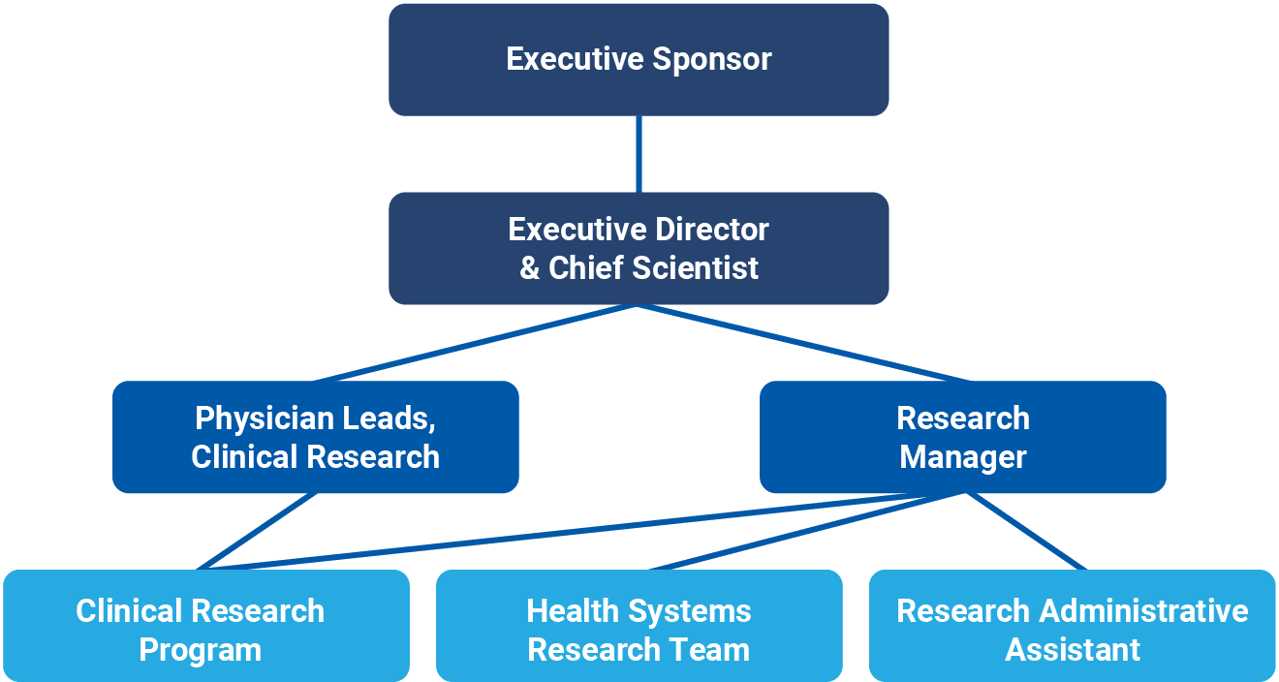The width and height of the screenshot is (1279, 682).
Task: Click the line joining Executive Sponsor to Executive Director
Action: [639, 154]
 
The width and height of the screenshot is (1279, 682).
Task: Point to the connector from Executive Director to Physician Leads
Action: [475, 343]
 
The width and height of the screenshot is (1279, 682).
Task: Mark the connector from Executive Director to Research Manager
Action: [804, 343]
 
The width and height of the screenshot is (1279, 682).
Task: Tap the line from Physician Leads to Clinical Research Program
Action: [257, 531]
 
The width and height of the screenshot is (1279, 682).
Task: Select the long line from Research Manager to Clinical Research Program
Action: [552, 531]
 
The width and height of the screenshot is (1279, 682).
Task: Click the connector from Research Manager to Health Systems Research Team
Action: [804, 532]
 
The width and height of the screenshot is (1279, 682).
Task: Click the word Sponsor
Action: [712, 59]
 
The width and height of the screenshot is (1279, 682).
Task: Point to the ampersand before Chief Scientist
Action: [529, 268]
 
